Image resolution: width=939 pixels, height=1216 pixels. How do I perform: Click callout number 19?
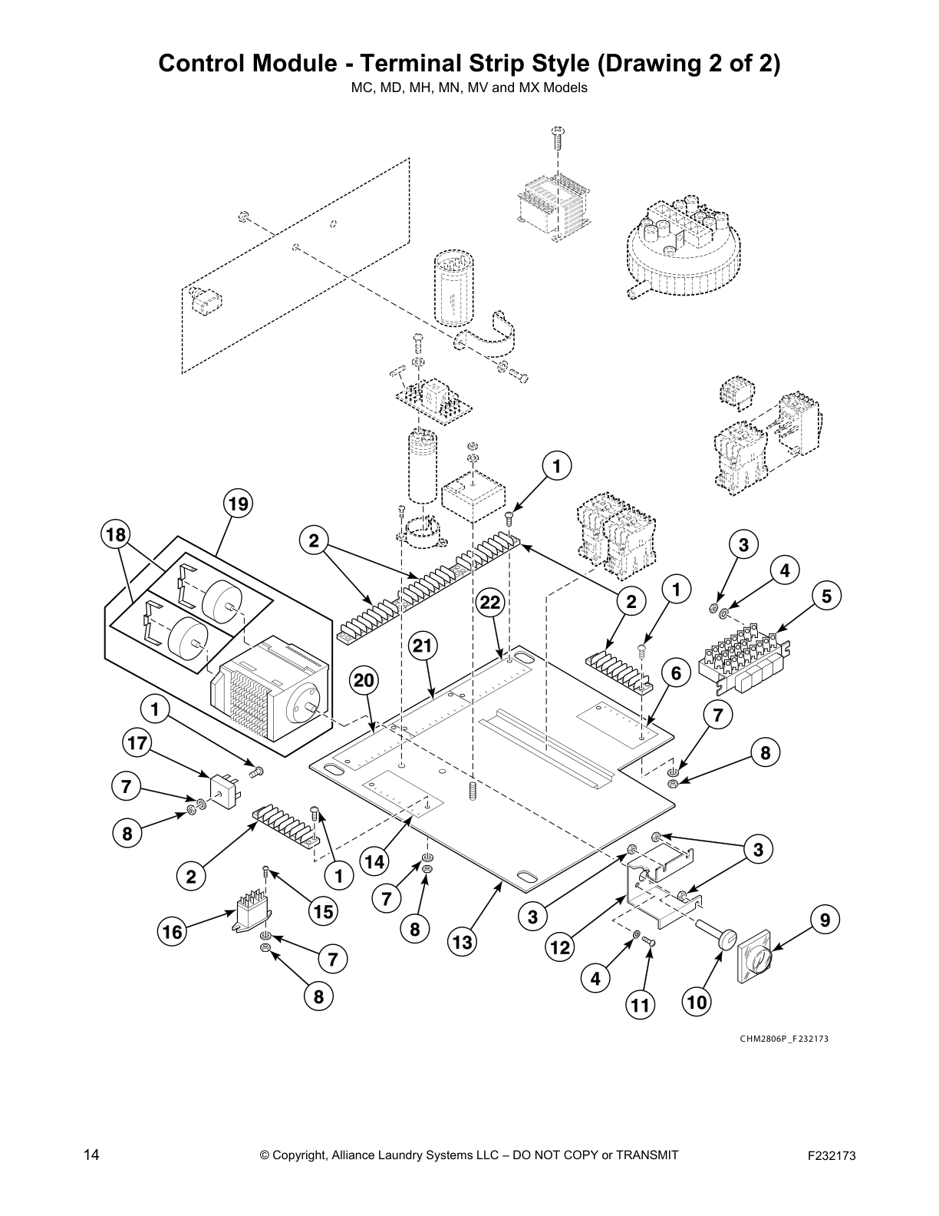click(238, 504)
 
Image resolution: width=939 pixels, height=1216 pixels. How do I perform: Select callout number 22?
click(491, 603)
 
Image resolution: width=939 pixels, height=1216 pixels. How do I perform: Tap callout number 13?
click(463, 941)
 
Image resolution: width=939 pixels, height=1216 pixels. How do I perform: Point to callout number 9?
click(825, 919)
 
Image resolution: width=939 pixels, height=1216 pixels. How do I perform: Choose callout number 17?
click(137, 743)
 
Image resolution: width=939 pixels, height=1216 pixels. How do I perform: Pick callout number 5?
click(826, 595)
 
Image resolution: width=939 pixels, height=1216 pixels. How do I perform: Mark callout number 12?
click(561, 947)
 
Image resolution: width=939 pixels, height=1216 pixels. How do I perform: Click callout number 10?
click(697, 1002)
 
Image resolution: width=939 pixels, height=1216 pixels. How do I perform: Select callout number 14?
click(374, 861)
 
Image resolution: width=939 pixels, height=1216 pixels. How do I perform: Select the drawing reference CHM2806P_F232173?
click(784, 1039)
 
